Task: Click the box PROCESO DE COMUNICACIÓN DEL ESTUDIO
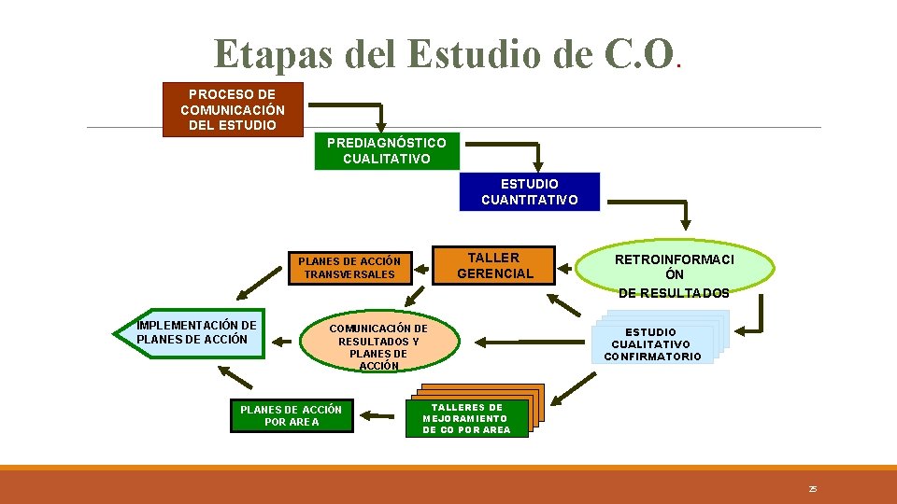click(x=233, y=109)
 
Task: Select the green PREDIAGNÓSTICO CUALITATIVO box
click(x=387, y=151)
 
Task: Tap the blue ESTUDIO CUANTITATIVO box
click(x=529, y=192)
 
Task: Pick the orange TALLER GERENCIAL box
click(x=494, y=265)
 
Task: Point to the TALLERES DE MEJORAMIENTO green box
click(x=467, y=418)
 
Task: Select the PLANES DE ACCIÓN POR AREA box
click(x=292, y=415)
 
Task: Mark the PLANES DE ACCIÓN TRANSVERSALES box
click(x=349, y=268)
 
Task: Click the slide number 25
click(x=813, y=488)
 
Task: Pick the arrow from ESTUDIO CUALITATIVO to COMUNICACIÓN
click(x=523, y=341)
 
